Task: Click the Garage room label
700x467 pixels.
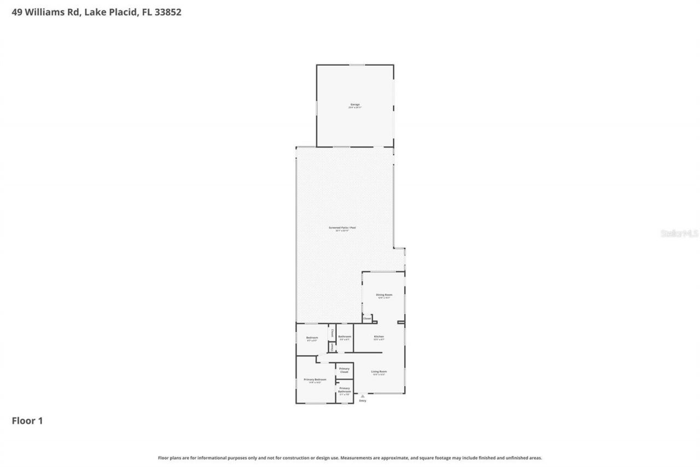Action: point(355,104)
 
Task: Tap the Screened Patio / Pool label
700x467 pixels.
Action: point(339,227)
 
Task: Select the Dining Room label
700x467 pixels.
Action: point(384,295)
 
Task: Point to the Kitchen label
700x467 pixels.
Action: point(379,336)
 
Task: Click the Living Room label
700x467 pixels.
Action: point(379,372)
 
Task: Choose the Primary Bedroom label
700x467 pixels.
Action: point(315,379)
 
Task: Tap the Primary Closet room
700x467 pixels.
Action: point(344,370)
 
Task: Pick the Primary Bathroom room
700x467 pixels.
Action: point(344,390)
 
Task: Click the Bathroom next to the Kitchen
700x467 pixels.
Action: point(345,337)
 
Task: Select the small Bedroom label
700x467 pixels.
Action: point(312,338)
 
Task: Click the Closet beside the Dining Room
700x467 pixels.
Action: point(367,319)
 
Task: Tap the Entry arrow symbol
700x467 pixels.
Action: point(362,396)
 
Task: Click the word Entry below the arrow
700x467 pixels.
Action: point(363,401)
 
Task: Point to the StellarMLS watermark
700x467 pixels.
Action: point(679,233)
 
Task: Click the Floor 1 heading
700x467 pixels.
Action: point(27,421)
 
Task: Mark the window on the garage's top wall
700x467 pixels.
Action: point(357,65)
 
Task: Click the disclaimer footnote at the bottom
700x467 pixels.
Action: point(350,458)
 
